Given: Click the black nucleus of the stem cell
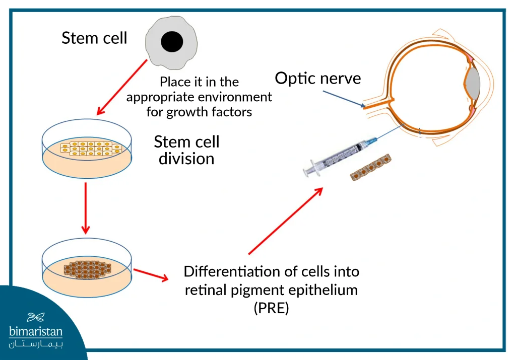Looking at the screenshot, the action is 172,42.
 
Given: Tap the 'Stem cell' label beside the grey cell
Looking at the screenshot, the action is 94,38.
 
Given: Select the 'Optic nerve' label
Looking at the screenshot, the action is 318,79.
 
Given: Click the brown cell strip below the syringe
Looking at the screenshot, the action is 370,167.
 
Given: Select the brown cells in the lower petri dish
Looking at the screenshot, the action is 88,269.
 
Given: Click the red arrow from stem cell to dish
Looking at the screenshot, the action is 122,87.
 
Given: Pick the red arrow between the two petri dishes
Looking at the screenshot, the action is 86,208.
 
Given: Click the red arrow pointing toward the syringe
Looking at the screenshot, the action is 286,221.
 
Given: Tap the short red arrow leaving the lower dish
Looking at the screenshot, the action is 151,274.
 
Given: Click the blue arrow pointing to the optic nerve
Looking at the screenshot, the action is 344,99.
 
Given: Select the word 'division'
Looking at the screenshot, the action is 186,159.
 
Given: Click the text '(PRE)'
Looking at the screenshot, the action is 272,308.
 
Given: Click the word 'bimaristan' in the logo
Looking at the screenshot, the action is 36,331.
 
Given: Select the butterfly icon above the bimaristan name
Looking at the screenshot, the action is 36,317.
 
